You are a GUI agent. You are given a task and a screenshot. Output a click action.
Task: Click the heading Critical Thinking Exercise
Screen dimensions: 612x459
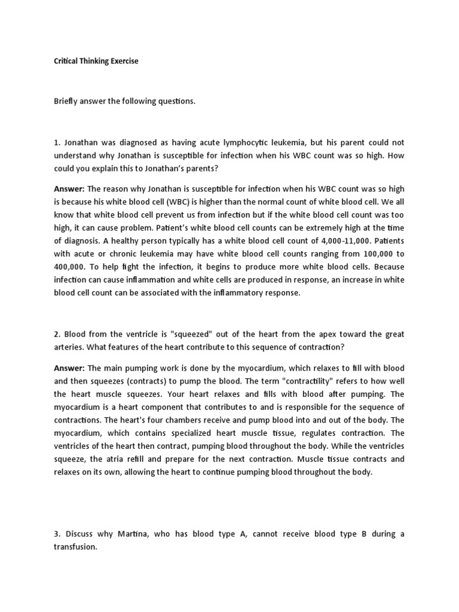96,61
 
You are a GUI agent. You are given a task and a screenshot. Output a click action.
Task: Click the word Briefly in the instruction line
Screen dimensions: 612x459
68,102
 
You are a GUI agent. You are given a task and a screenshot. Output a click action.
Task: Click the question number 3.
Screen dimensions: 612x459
56,534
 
